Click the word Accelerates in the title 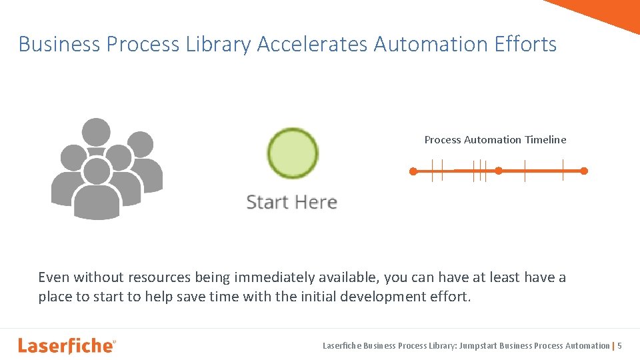[x=312, y=45]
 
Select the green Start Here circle [x=293, y=153]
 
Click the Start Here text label [x=291, y=202]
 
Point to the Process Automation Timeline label [x=495, y=139]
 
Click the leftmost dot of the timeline [x=413, y=171]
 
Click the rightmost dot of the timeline [x=584, y=171]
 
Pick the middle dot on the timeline [x=499, y=171]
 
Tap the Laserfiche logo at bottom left [x=67, y=345]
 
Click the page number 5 [x=620, y=345]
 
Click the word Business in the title [x=59, y=45]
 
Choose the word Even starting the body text [x=53, y=277]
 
